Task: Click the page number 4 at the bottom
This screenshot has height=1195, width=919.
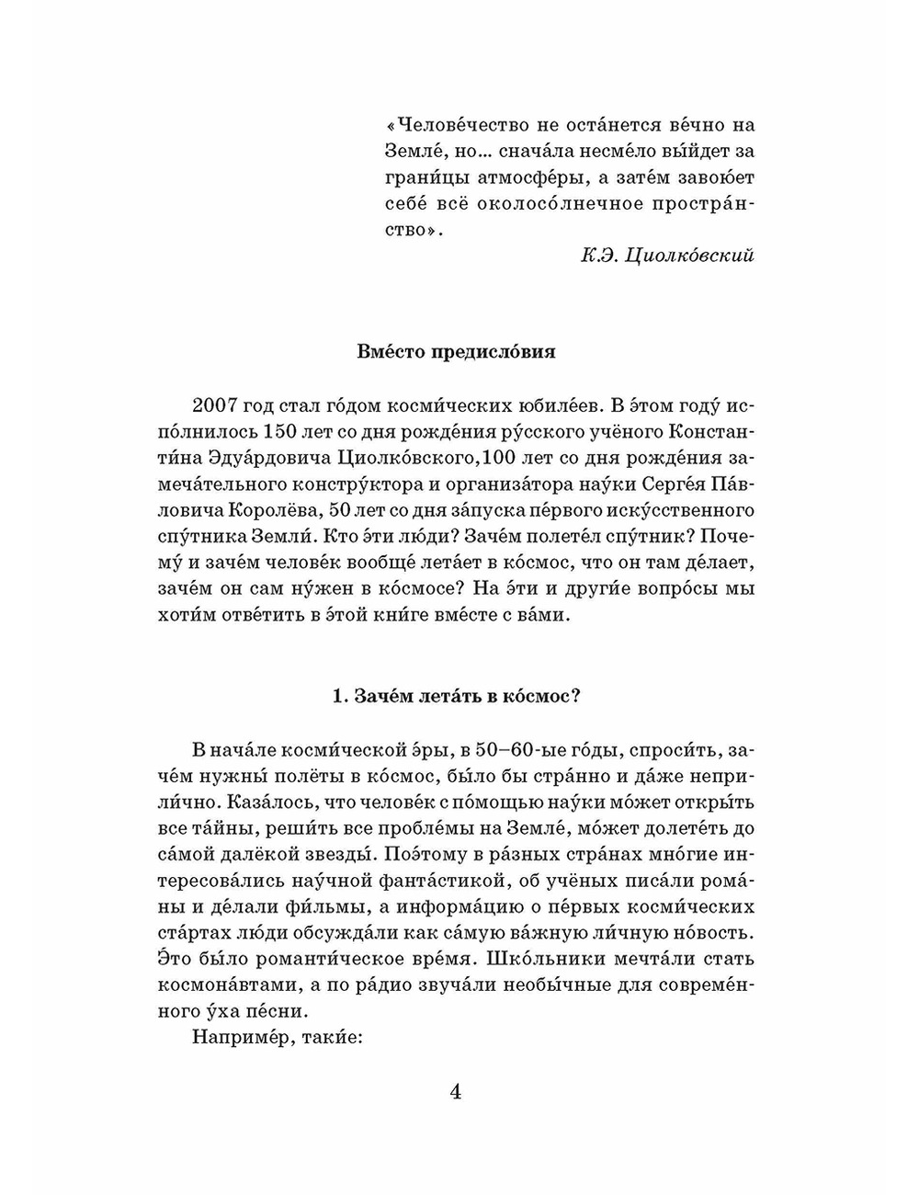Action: click(x=456, y=1093)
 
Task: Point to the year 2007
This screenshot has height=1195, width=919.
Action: click(x=216, y=405)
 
